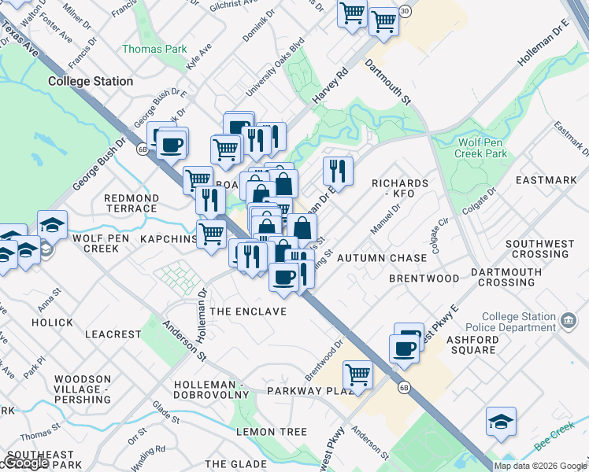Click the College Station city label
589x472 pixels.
[x=91, y=81]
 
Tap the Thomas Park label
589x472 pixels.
[x=154, y=49]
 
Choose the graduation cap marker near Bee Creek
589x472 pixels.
[x=501, y=422]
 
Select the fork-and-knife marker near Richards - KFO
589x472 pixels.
[x=337, y=169]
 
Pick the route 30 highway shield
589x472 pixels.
[x=404, y=11]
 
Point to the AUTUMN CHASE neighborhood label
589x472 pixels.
[x=382, y=258]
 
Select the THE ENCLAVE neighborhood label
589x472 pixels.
[x=248, y=312]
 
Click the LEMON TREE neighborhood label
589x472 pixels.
[x=272, y=432]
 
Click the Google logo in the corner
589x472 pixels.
[x=25, y=463]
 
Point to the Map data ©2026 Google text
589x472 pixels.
[x=540, y=466]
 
